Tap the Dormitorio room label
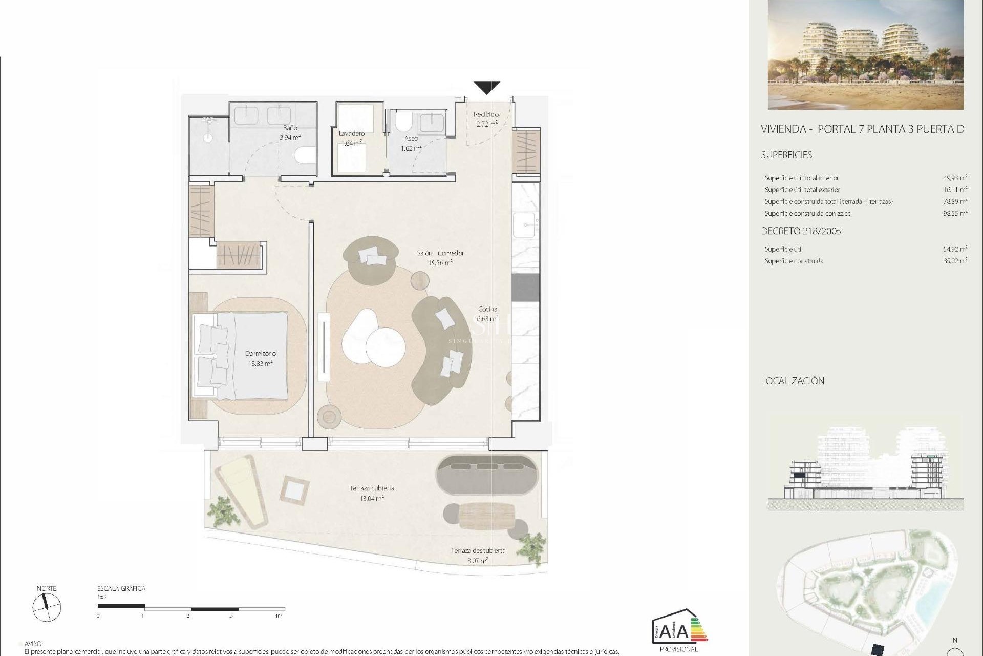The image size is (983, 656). [x=260, y=353]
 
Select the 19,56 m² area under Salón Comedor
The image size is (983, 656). [x=440, y=263]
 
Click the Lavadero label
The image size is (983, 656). [x=351, y=133]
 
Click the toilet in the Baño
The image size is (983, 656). [x=306, y=154]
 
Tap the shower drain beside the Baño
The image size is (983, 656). [x=208, y=137]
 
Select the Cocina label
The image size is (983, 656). [x=487, y=309]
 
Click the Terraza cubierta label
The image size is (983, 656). [x=372, y=488]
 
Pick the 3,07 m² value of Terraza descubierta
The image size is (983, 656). [x=477, y=561]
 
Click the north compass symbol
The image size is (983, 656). [x=47, y=608]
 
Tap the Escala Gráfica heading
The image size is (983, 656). [x=121, y=588]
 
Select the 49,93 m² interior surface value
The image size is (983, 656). [x=955, y=178]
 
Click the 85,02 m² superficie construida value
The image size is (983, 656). [x=955, y=261]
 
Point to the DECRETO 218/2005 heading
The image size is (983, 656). [x=801, y=231]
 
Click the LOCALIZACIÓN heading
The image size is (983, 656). [x=793, y=381]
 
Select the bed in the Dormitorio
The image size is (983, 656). [x=241, y=356]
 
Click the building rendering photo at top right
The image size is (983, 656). [x=865, y=54]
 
